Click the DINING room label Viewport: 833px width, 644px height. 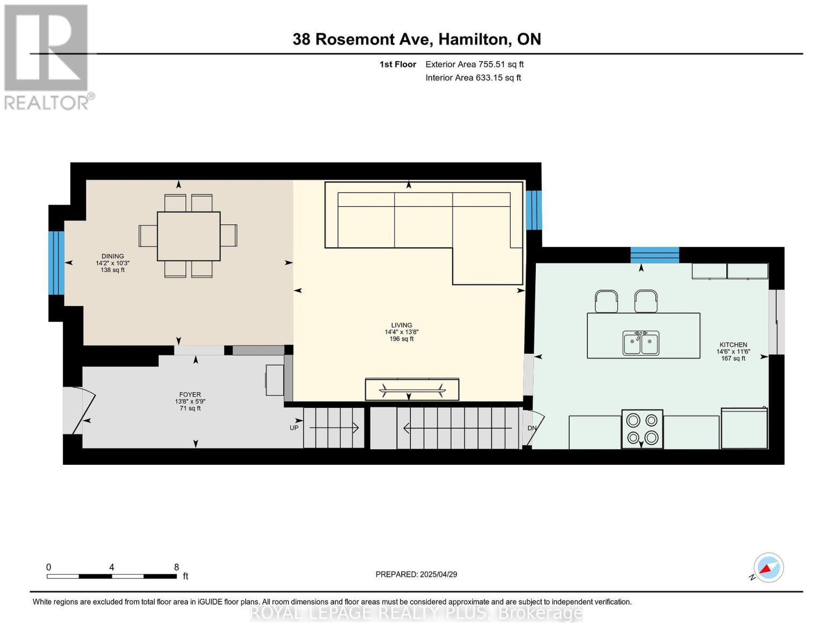point(113,257)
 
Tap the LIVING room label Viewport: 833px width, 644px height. point(401,325)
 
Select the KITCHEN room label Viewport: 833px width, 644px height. point(733,345)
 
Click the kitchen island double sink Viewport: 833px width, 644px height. point(641,343)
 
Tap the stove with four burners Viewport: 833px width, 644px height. point(642,429)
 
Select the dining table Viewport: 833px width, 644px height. point(188,236)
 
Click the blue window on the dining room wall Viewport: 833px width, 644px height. point(56,263)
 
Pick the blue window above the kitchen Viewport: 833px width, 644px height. point(654,254)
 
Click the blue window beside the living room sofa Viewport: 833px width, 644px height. point(534,210)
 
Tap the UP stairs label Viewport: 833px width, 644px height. point(294,428)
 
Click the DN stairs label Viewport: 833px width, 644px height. point(532,428)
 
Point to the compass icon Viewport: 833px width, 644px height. point(768,568)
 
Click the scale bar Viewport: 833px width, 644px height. point(112,576)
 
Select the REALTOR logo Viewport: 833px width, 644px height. point(47,56)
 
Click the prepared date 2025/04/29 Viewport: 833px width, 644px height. point(416,574)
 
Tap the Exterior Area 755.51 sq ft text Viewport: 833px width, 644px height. point(474,64)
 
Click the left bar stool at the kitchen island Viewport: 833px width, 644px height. point(606,301)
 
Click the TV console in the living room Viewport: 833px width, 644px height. point(412,389)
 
